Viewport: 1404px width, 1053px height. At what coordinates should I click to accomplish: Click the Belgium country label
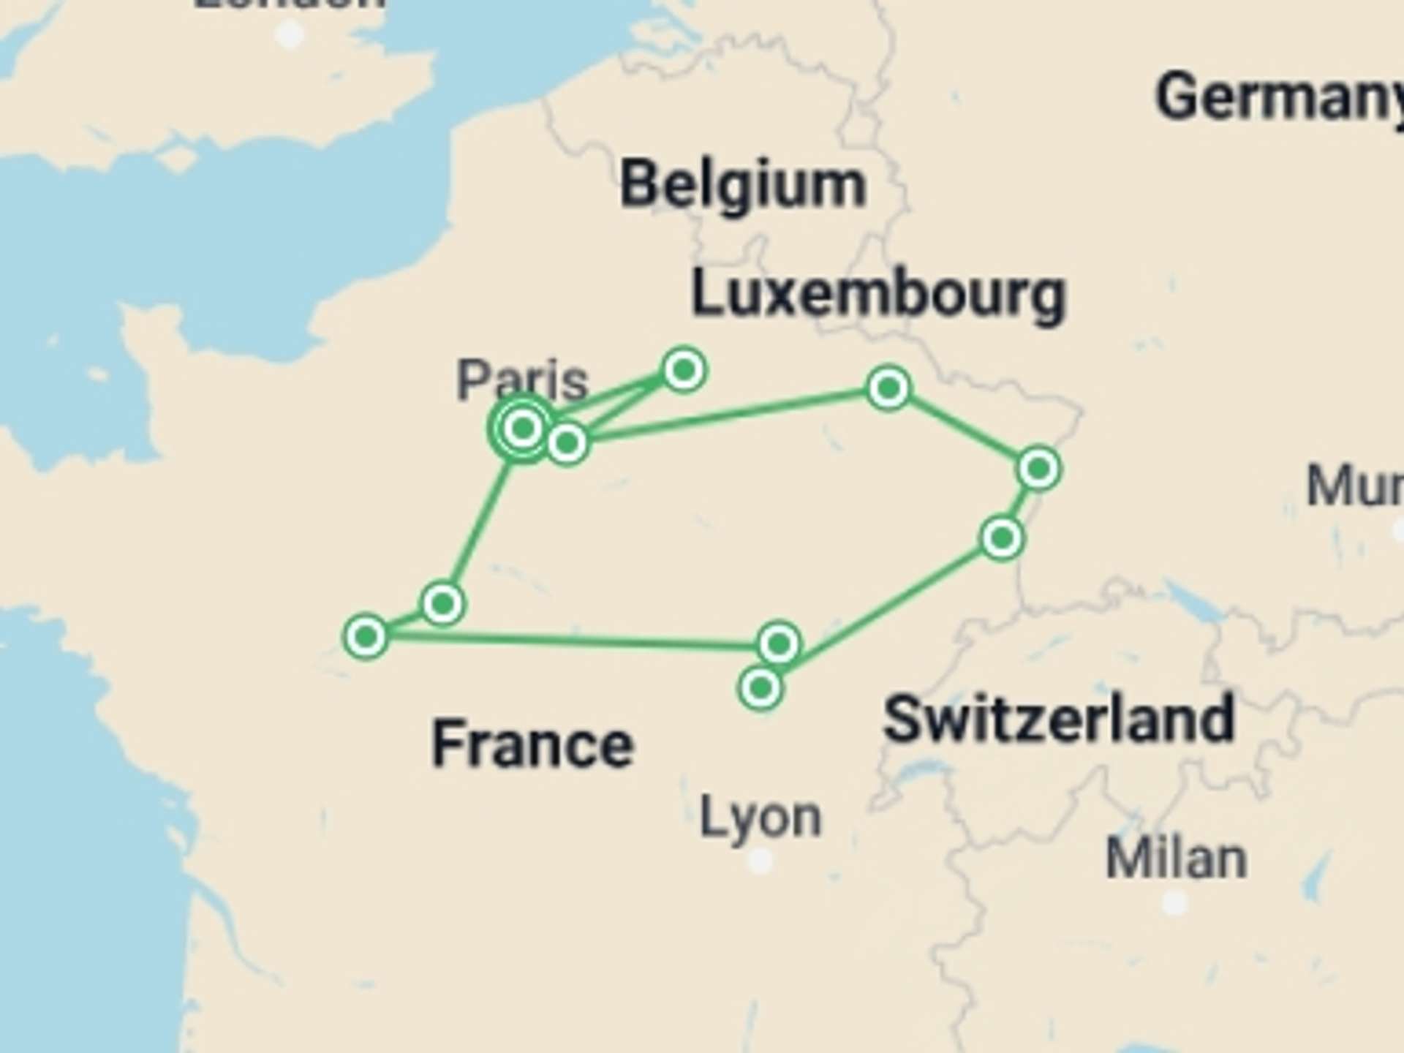click(x=743, y=185)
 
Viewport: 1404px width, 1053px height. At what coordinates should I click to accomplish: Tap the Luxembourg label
click(x=878, y=295)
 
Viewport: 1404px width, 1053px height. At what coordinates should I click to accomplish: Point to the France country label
click(x=532, y=744)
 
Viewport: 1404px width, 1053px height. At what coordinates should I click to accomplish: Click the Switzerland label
click(x=1059, y=720)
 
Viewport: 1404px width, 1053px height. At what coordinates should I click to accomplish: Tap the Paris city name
click(x=522, y=380)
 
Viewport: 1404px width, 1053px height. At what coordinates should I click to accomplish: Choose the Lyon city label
click(x=760, y=818)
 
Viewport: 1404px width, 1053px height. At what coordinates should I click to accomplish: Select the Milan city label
click(x=1176, y=858)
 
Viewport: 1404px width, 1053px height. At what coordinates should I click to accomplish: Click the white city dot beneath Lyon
click(x=760, y=861)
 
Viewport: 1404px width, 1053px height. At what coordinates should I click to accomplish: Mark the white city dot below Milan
click(x=1174, y=903)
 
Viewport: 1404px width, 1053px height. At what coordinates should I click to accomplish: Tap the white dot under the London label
click(x=290, y=34)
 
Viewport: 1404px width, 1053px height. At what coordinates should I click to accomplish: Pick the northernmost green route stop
click(x=684, y=370)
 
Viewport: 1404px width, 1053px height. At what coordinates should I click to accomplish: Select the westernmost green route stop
click(x=366, y=636)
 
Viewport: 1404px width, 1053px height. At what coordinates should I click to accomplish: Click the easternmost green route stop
click(x=1038, y=468)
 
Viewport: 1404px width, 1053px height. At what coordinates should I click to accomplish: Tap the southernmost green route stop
click(x=760, y=688)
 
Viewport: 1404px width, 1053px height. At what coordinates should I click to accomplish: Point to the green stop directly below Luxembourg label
click(x=888, y=388)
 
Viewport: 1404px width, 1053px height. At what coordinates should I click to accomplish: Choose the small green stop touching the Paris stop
click(x=567, y=442)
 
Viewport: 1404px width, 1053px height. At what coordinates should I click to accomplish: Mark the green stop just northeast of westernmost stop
click(x=442, y=603)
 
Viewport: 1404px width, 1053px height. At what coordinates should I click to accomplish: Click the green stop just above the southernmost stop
click(x=779, y=643)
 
